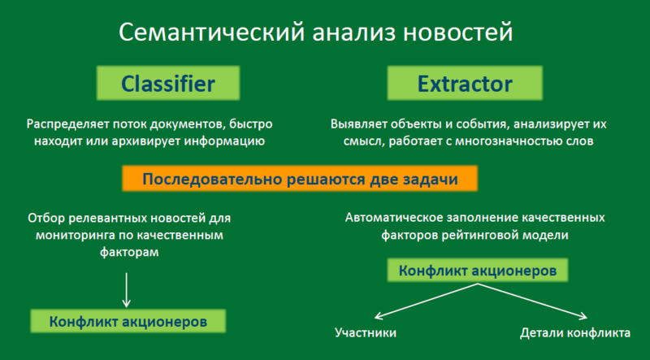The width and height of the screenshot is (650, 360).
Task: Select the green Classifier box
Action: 168,83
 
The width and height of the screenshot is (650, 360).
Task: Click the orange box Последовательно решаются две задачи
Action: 300,180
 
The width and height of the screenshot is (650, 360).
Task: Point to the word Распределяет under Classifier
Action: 64,125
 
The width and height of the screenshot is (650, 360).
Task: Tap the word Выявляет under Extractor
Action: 358,125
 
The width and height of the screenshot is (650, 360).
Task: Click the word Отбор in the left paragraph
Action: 45,219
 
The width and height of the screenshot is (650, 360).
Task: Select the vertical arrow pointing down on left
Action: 126,288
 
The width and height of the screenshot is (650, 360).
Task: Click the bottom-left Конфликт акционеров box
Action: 128,322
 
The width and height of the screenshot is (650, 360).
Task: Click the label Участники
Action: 366,334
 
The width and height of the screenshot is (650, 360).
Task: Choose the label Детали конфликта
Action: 574,334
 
